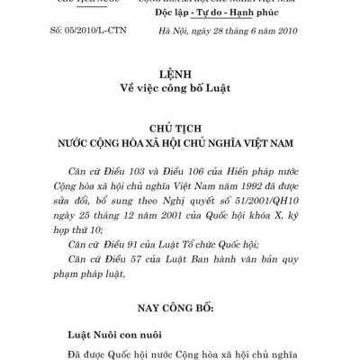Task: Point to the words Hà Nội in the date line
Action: [x=196, y=32]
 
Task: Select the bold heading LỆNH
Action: [x=179, y=73]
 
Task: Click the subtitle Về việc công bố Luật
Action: [x=179, y=89]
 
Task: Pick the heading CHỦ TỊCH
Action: [x=179, y=129]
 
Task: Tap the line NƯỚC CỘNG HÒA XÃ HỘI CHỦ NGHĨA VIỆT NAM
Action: [x=179, y=144]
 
